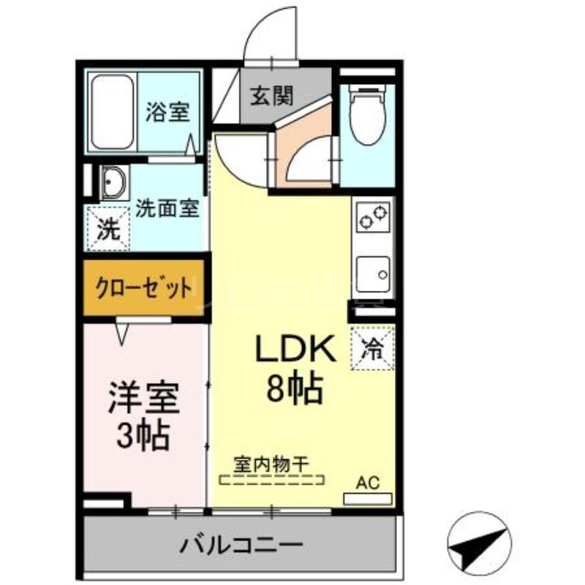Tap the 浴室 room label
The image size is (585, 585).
pos(167,112)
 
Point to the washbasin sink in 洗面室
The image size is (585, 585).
pos(112,183)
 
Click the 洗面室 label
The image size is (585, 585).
pos(167,207)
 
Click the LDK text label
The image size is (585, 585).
pos(295,349)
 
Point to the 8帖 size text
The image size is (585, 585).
pos(295,390)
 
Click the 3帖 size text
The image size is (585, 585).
pos(143,437)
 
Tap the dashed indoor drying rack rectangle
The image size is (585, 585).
pos(272,480)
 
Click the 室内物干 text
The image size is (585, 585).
pos(272,463)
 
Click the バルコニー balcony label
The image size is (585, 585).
pos(241,545)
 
